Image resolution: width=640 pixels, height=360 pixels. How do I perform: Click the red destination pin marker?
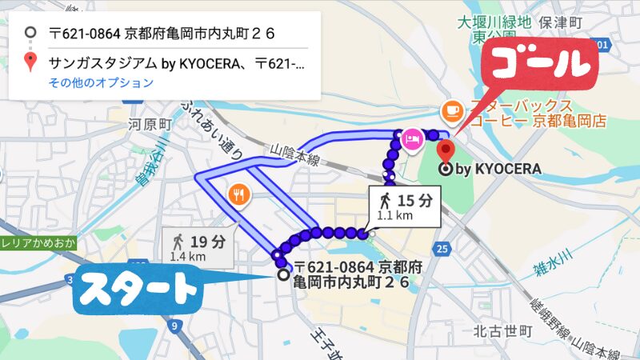point(446,149)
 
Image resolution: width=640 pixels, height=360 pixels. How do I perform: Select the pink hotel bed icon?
point(413,139)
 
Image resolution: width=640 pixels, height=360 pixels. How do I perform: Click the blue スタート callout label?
point(138,289)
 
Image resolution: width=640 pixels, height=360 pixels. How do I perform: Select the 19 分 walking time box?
point(198,246)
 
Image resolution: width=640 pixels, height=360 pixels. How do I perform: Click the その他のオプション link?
point(102,83)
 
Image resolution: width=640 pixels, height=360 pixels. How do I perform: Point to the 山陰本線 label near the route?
point(295,154)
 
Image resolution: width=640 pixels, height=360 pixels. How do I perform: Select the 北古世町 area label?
point(502,330)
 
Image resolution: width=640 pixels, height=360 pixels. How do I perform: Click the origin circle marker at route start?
point(282,274)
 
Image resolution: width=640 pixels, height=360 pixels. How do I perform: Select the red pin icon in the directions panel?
point(30,62)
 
